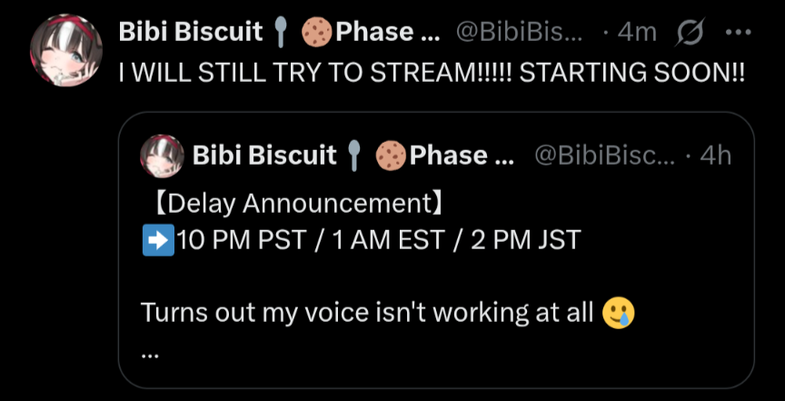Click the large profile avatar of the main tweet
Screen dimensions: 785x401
click(66, 50)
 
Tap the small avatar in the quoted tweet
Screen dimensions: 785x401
click(163, 155)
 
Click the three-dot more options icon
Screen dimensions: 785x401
click(739, 33)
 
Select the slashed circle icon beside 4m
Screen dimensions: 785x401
click(691, 32)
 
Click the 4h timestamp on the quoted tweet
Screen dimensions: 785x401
click(715, 155)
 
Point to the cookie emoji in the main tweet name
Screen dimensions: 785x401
click(317, 33)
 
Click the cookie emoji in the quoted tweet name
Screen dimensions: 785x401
click(391, 155)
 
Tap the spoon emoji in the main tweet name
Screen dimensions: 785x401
click(282, 33)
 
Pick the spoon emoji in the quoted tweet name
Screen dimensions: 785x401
click(355, 155)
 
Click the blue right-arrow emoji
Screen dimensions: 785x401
click(158, 240)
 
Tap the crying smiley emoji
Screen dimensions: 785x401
click(619, 313)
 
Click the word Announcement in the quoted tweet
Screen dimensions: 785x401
click(338, 204)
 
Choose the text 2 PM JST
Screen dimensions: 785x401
click(526, 240)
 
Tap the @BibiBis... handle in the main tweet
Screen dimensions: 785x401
click(520, 33)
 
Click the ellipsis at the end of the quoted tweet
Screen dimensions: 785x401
click(150, 356)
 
